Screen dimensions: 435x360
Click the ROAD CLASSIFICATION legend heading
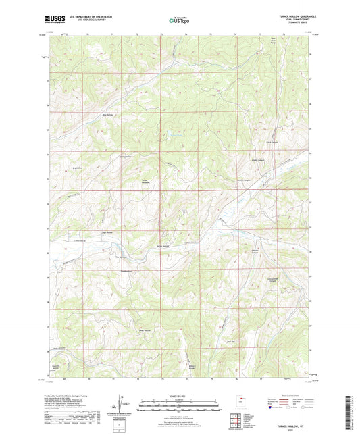[291, 396]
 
